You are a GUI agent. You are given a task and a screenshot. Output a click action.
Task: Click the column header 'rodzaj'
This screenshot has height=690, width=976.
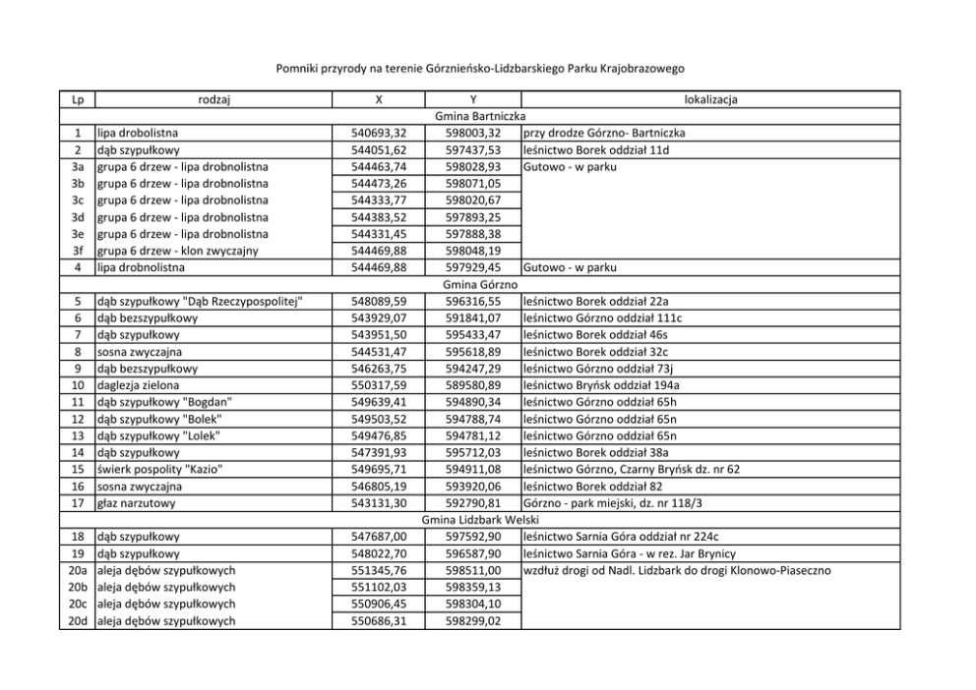tap(213, 99)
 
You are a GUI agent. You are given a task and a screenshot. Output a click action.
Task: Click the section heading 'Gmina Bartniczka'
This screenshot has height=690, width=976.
tap(487, 116)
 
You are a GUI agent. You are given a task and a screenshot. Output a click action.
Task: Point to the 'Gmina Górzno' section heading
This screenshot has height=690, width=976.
tap(487, 283)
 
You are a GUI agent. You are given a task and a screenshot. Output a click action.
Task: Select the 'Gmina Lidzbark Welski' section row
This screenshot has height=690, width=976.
tap(487, 519)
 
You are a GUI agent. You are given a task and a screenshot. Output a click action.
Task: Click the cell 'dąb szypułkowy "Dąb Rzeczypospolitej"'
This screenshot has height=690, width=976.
tap(198, 300)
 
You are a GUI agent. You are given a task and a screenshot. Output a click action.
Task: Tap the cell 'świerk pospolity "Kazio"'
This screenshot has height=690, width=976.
tap(158, 468)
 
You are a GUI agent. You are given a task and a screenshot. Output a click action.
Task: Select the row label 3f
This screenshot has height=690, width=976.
tap(78, 250)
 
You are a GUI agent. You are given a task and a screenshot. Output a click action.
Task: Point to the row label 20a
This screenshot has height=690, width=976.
tap(78, 569)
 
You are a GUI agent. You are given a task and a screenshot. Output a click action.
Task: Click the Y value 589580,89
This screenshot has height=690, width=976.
tap(473, 383)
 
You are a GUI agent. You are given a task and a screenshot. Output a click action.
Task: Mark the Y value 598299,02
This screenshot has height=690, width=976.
tap(473, 620)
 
